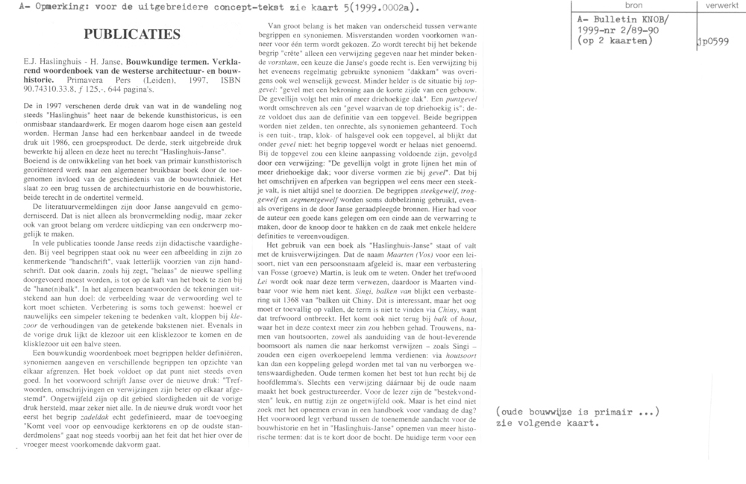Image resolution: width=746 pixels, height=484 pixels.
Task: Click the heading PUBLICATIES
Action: (x=133, y=35)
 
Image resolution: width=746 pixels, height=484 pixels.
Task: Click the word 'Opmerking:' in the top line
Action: (x=47, y=7)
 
